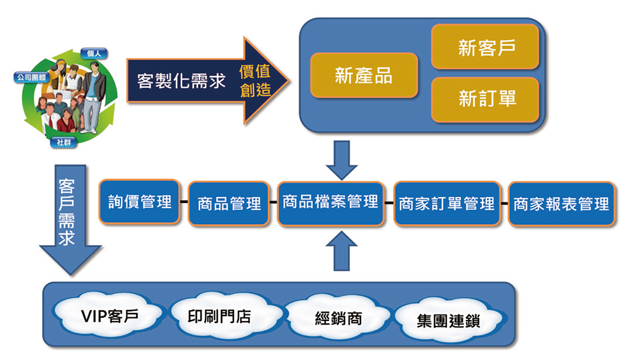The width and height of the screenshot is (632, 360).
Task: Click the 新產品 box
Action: click(x=364, y=75)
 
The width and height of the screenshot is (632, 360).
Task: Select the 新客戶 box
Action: click(x=485, y=47)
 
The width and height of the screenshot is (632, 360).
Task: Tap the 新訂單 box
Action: click(x=485, y=99)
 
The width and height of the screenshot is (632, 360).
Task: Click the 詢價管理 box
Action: click(x=139, y=202)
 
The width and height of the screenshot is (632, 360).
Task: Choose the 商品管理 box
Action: click(x=229, y=203)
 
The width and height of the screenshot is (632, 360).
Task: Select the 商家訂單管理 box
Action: click(x=446, y=203)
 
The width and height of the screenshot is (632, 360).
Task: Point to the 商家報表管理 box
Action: click(x=561, y=203)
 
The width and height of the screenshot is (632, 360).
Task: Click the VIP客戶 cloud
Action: click(x=109, y=316)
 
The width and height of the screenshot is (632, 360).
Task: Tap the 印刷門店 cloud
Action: click(x=219, y=316)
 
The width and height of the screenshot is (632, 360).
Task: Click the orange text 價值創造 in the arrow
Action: click(x=255, y=80)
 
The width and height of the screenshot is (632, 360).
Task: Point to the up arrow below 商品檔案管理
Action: click(x=345, y=252)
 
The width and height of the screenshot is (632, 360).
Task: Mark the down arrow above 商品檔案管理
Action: click(x=344, y=159)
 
